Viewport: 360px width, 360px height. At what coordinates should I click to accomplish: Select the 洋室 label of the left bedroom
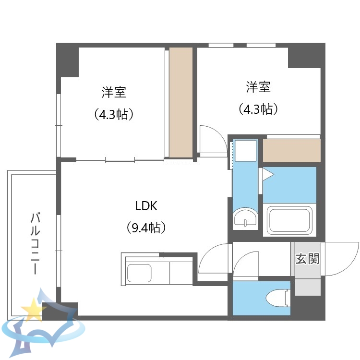coord(113,91)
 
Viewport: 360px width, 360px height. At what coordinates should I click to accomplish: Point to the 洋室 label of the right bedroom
coord(259,87)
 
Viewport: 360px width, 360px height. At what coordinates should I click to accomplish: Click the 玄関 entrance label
coord(307,259)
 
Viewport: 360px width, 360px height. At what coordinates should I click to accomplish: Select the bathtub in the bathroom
coord(289,220)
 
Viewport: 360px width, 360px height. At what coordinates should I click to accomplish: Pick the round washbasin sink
coord(245,220)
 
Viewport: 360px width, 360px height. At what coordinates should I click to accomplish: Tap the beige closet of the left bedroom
coord(180,102)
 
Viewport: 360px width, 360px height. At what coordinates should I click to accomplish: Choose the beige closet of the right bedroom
coord(291,151)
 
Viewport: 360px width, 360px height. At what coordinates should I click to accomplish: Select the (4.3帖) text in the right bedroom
coord(259,109)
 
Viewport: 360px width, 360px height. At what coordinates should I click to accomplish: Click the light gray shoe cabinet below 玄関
coord(308,286)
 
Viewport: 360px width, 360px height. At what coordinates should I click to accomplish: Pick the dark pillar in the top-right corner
coord(307,55)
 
